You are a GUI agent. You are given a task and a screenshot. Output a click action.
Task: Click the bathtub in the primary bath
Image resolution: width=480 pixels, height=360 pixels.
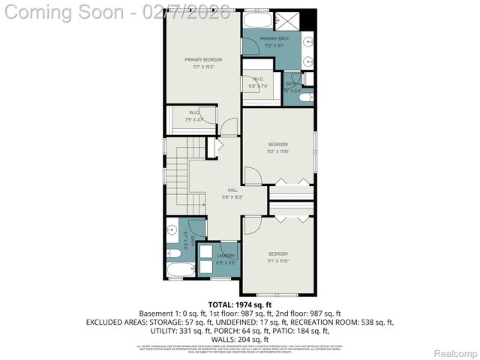tap(259, 20)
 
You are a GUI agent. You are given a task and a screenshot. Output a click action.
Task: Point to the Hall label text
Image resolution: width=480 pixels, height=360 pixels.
tap(233, 191)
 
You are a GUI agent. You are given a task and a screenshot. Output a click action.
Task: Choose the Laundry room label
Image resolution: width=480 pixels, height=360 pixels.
tap(226, 256)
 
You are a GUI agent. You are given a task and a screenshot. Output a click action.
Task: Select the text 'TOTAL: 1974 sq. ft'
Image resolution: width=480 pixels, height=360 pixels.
tap(240, 304)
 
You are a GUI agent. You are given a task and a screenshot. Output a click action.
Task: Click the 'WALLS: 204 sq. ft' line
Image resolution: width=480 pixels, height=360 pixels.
tap(240, 339)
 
